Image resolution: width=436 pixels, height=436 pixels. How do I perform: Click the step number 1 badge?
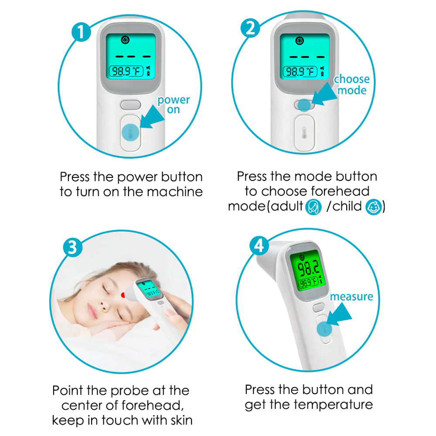(x=81, y=32)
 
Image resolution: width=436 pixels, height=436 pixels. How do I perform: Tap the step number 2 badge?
(x=250, y=28)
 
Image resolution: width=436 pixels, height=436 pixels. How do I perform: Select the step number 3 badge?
(x=72, y=247)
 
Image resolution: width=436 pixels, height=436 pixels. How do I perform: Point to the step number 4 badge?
(x=259, y=246)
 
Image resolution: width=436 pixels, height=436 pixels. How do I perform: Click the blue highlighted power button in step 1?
(x=130, y=133)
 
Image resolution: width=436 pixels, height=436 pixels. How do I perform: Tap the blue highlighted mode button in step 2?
(x=304, y=105)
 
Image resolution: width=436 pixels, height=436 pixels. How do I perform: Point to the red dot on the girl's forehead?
(x=123, y=295)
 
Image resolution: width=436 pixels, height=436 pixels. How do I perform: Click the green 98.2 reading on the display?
(x=308, y=268)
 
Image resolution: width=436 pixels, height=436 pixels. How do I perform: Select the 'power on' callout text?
(x=174, y=105)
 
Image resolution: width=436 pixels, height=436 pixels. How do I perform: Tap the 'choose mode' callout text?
(x=352, y=85)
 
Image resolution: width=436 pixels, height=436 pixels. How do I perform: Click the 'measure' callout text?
(x=351, y=296)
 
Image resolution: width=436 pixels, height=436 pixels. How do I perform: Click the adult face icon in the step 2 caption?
(x=313, y=207)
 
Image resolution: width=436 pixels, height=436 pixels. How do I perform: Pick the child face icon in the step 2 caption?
(x=374, y=207)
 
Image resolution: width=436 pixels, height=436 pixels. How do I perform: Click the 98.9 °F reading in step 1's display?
(x=126, y=72)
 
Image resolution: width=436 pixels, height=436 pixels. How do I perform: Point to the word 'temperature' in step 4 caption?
(x=334, y=405)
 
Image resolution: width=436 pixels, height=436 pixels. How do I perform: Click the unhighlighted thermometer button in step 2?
(x=304, y=133)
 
